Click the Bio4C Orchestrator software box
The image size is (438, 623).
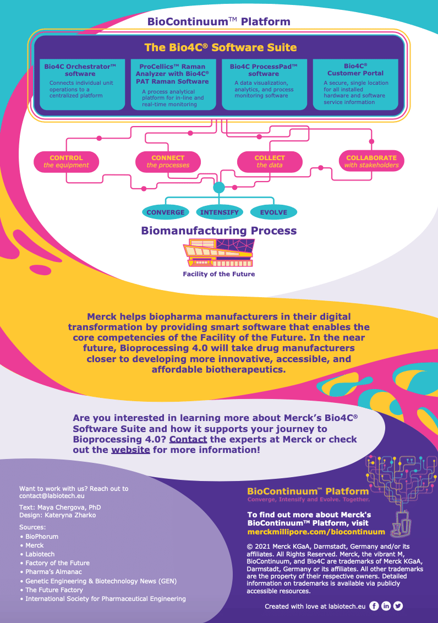tap(80, 84)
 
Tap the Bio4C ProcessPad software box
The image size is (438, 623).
tap(264, 84)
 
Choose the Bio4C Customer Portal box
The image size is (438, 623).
tap(355, 84)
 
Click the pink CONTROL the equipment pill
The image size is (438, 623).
tap(66, 161)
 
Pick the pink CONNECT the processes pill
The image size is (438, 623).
tap(168, 161)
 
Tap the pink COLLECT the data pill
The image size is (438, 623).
tap(270, 161)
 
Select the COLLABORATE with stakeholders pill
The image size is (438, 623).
tap(371, 161)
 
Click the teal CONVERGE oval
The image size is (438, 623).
tap(165, 212)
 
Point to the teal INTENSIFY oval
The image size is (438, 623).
tap(219, 212)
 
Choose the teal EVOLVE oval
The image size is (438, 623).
tap(273, 212)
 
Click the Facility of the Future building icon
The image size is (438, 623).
tap(219, 253)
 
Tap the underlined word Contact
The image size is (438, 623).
tap(188, 439)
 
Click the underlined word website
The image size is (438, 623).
tap(130, 450)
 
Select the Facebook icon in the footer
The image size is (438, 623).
tap(374, 606)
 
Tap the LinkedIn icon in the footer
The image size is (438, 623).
tap(386, 606)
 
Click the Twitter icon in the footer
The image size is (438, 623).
tap(398, 606)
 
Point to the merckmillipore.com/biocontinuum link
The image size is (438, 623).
tap(316, 532)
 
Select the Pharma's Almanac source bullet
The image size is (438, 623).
tap(53, 572)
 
